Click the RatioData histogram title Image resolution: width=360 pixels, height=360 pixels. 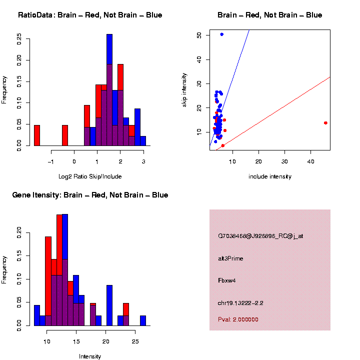90,15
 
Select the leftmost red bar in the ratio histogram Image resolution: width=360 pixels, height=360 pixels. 37,135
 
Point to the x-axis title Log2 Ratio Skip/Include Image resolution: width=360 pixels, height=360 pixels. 90,176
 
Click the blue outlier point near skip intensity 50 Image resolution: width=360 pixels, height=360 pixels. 221,34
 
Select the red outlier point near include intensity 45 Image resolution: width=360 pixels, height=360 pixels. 325,122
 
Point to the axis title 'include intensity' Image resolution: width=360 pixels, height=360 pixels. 270,176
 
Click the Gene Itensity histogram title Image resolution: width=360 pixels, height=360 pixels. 90,195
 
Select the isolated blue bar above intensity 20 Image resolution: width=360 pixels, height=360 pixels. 109,305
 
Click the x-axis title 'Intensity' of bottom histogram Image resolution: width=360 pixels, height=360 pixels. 90,356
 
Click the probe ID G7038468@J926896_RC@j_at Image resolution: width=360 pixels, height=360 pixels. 260,236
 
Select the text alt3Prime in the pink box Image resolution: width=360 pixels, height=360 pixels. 230,258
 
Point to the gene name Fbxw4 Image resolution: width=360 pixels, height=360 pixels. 226,280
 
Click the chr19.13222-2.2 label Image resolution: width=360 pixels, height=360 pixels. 240,302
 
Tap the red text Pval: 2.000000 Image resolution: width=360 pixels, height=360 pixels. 238,319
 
